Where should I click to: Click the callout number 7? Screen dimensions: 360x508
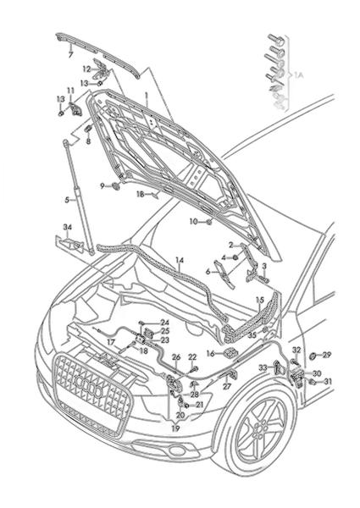70,55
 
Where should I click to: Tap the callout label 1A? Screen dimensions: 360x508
298,76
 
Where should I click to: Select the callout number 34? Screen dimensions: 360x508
67,228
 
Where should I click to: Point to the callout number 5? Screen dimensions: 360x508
67,200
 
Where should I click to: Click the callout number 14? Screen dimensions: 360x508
180,260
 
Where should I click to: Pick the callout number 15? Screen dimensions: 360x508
260,300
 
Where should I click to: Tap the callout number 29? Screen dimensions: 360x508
327,355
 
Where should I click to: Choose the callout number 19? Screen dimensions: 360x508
175,428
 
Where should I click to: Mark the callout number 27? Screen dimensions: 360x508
227,387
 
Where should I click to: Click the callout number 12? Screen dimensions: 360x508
86,69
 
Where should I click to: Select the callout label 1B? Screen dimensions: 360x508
140,194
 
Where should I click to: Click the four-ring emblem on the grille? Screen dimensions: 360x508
88,385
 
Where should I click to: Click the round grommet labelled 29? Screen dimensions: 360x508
313,356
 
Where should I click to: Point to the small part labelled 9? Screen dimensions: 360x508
116,186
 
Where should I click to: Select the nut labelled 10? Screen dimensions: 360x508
209,222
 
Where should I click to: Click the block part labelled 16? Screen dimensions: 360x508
230,352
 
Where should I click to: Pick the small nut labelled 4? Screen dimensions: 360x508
235,257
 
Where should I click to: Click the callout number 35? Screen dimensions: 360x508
252,334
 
